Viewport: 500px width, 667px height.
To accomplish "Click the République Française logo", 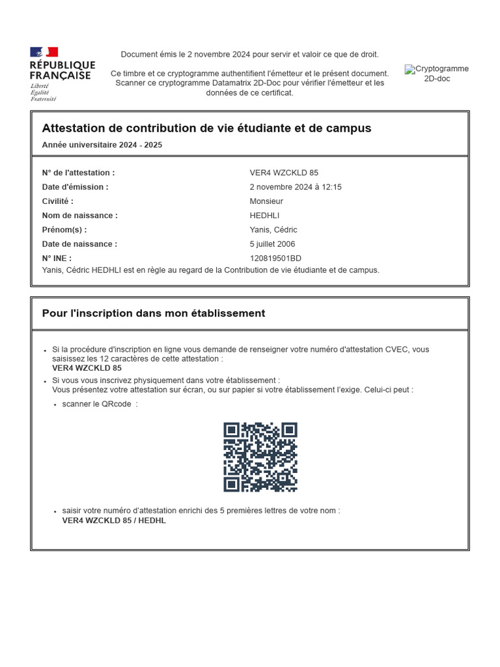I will [62, 74].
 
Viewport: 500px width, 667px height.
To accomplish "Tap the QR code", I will [260, 457].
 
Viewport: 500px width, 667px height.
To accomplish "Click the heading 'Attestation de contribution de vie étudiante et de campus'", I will [206, 128].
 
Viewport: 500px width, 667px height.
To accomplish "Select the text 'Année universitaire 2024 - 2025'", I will [102, 145].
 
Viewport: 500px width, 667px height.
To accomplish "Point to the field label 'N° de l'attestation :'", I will [78, 173].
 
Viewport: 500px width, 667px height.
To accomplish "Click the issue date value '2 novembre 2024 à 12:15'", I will [296, 187].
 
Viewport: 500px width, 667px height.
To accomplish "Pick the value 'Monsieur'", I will [266, 201].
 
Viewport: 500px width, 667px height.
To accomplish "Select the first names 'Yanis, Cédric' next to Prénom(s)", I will [273, 230].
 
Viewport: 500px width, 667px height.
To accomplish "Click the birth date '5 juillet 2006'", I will [272, 244].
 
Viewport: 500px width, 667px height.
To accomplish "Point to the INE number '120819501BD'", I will [275, 259].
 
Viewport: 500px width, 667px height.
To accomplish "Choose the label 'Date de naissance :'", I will [79, 244].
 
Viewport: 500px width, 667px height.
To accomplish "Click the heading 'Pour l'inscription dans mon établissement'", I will [154, 313].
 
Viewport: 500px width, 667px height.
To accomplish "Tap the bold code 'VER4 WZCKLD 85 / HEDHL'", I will [114, 520].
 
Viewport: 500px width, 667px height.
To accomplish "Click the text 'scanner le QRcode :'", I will [100, 404].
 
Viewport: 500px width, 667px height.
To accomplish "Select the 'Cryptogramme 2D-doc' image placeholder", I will [436, 74].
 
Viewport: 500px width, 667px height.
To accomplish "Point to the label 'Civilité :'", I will [58, 201].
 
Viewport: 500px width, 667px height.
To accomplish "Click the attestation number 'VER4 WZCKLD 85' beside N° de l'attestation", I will [284, 173].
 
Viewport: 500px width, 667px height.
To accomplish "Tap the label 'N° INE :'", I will [57, 259].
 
